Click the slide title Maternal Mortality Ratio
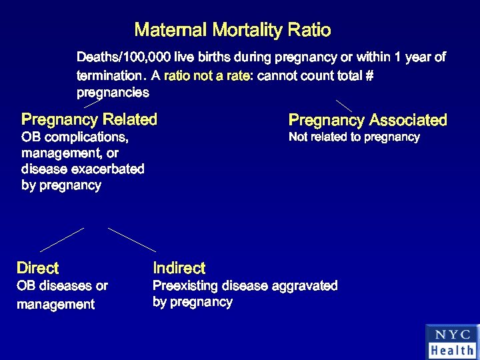[233, 30]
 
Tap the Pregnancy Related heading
[89, 120]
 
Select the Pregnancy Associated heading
[367, 121]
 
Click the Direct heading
[37, 269]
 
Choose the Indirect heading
[179, 269]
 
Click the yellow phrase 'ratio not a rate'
[206, 75]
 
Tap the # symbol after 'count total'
[369, 75]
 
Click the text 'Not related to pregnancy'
[354, 137]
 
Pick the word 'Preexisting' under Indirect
[187, 286]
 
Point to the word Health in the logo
[452, 350]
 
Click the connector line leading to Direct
[62, 239]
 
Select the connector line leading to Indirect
[131, 239]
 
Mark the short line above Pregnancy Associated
[343, 105]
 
